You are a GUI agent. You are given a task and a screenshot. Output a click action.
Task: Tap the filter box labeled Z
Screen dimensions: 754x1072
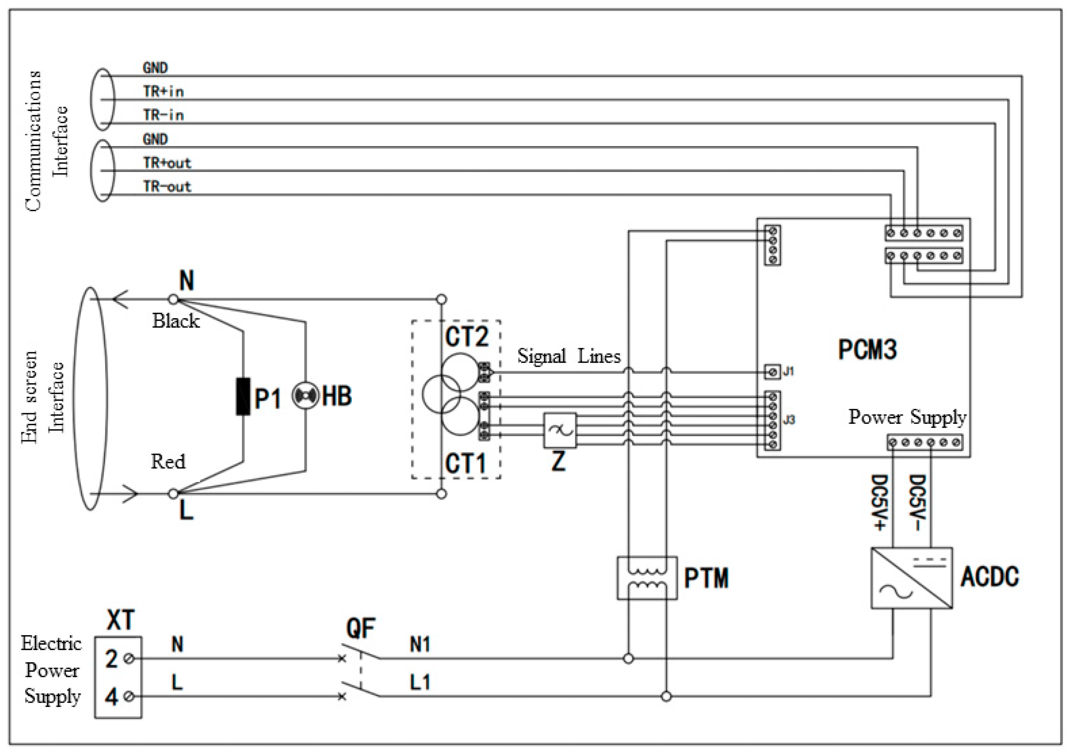coord(559,430)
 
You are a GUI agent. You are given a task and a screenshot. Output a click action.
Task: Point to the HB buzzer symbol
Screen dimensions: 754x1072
coord(305,396)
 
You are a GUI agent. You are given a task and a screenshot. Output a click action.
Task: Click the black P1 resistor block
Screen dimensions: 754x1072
coord(243,396)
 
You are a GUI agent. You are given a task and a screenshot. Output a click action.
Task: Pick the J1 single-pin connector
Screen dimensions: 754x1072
coord(772,372)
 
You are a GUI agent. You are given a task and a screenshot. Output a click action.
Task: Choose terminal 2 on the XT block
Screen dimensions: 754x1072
coord(130,658)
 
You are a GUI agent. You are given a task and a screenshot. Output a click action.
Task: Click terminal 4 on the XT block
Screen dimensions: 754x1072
coord(130,697)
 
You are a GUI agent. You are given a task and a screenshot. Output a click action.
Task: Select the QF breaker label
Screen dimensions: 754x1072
coord(360,628)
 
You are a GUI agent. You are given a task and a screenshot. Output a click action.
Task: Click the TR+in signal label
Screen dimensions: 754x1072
coord(163,91)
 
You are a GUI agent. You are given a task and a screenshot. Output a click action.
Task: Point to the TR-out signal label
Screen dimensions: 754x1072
coord(167,186)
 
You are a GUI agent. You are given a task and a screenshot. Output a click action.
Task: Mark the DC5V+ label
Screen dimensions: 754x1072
coord(880,503)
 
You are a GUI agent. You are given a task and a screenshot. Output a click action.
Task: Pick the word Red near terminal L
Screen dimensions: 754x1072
coord(168,461)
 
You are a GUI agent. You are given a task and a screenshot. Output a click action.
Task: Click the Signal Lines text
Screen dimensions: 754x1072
coord(569,357)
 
